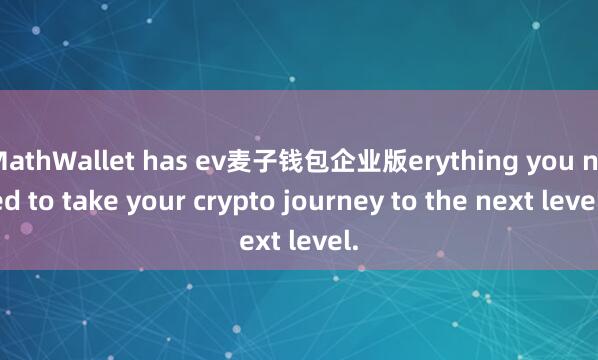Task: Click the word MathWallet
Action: click(x=59, y=159)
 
